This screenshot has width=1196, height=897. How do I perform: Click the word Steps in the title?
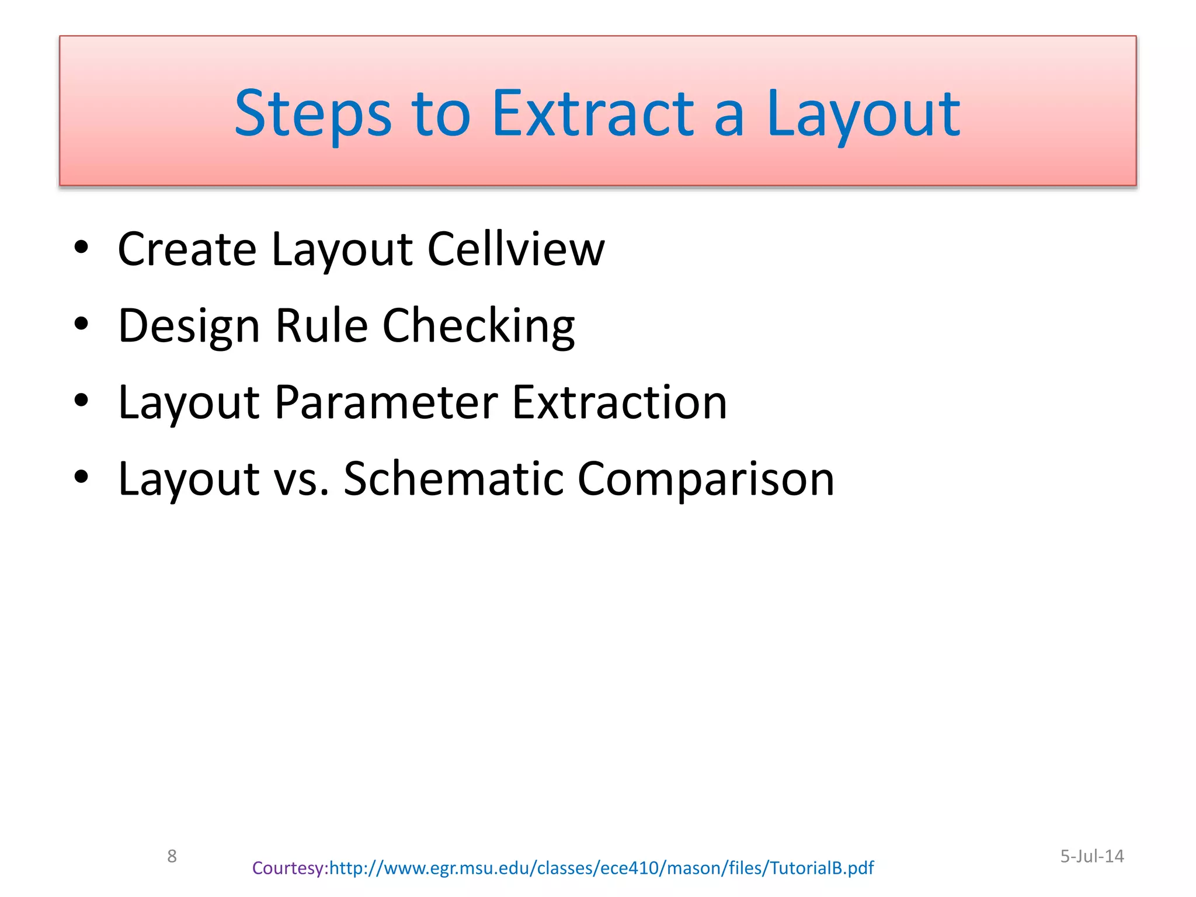click(x=312, y=114)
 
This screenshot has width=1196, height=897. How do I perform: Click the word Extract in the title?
click(x=593, y=114)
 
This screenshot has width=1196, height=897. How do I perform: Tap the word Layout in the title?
click(x=863, y=114)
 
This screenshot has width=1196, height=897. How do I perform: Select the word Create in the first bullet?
click(x=187, y=249)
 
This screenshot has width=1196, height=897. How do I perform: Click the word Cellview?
click(x=516, y=249)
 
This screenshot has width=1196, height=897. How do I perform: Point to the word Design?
click(x=188, y=326)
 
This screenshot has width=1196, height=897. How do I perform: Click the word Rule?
click(x=321, y=326)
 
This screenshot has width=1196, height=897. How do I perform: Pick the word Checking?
click(x=478, y=326)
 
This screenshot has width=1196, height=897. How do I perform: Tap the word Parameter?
click(x=385, y=402)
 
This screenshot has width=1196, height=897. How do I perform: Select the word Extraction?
click(x=619, y=402)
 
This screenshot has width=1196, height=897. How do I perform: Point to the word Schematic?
click(x=453, y=479)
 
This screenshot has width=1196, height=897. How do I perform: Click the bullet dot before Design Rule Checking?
click(x=81, y=324)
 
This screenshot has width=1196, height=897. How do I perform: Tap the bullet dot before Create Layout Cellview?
click(x=81, y=247)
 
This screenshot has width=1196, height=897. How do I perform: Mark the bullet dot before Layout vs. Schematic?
click(x=81, y=477)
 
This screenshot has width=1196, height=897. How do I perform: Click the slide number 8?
click(x=172, y=856)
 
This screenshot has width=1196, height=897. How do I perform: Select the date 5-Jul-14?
click(x=1091, y=856)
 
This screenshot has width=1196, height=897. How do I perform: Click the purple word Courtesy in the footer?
click(x=289, y=868)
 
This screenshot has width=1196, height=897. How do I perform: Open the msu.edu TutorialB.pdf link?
click(x=602, y=868)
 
